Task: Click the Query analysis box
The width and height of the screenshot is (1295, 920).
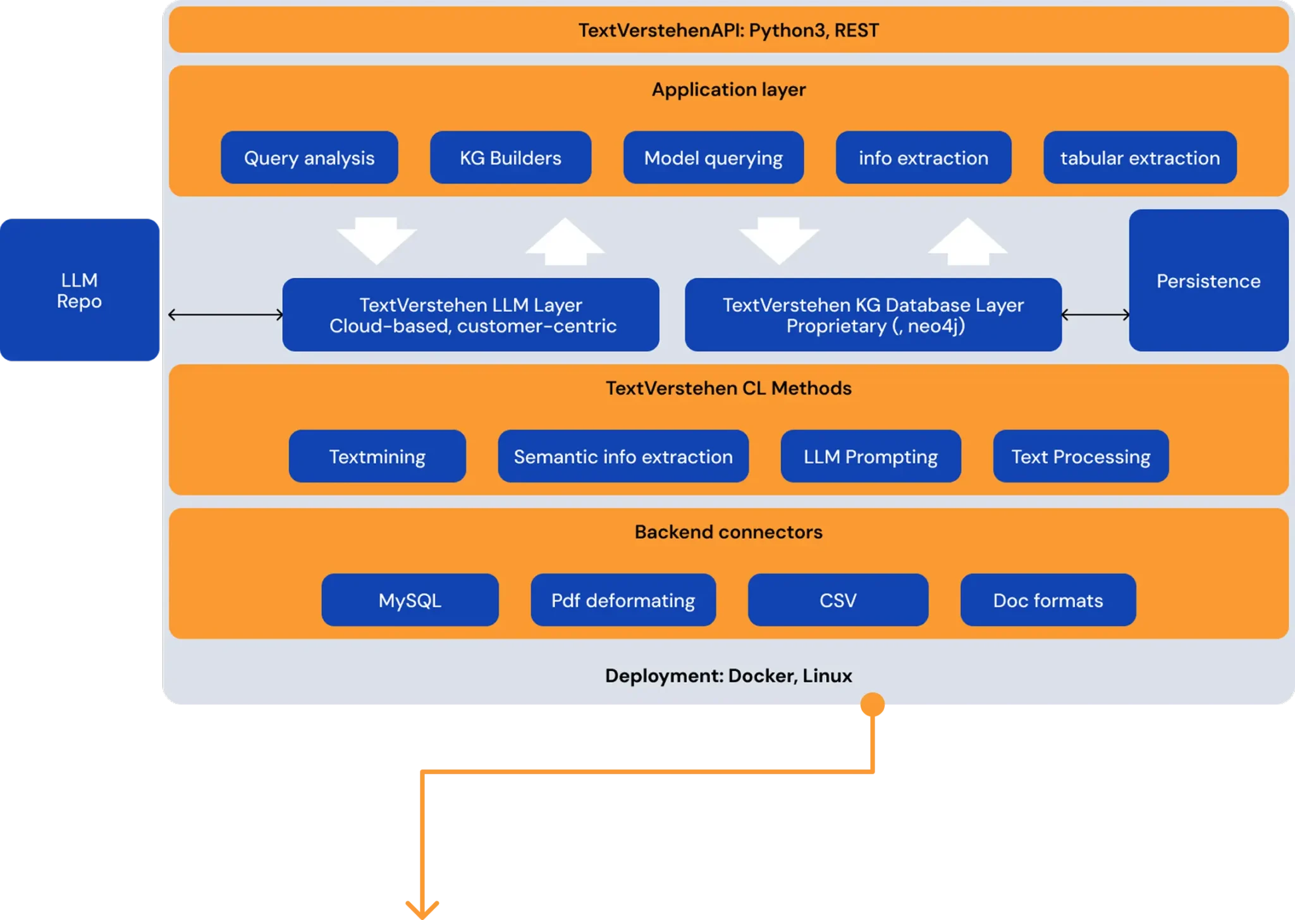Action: pos(309,157)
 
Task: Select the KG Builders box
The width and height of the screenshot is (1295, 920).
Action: pos(510,157)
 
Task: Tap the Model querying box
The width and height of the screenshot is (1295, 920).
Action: pos(713,157)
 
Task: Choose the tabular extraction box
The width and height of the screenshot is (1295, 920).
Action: pos(1139,157)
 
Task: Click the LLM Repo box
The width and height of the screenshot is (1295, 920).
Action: pos(80,290)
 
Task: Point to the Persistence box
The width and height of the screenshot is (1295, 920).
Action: pos(1208,281)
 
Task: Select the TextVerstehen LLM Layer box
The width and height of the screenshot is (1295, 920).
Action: pos(471,315)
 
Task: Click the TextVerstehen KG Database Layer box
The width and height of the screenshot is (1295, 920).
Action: pos(873,315)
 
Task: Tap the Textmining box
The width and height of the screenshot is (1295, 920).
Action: pos(377,457)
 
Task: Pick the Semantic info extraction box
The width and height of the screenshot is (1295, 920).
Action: pos(623,457)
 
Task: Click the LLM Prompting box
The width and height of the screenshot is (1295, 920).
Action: pos(871,457)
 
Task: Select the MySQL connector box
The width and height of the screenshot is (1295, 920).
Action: pos(410,600)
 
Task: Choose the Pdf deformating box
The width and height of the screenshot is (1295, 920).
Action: pos(623,600)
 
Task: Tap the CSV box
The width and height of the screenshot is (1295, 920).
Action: pos(838,600)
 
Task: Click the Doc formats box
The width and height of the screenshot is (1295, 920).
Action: pos(1048,600)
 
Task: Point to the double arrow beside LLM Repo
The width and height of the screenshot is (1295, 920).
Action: pos(226,314)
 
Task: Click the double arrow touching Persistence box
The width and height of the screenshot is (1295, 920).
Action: pos(1095,314)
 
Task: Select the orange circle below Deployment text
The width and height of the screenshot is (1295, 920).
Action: pos(872,705)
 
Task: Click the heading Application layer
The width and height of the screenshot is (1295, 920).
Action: pos(728,90)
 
